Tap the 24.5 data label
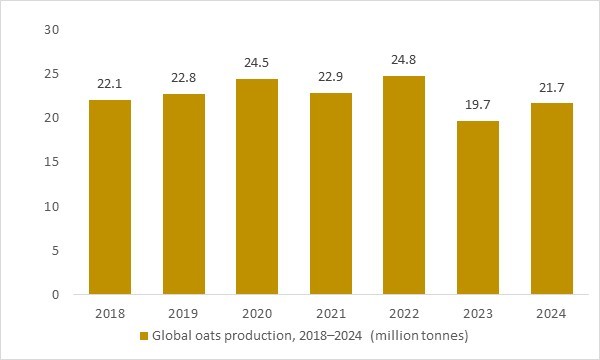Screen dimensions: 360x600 [261, 63]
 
